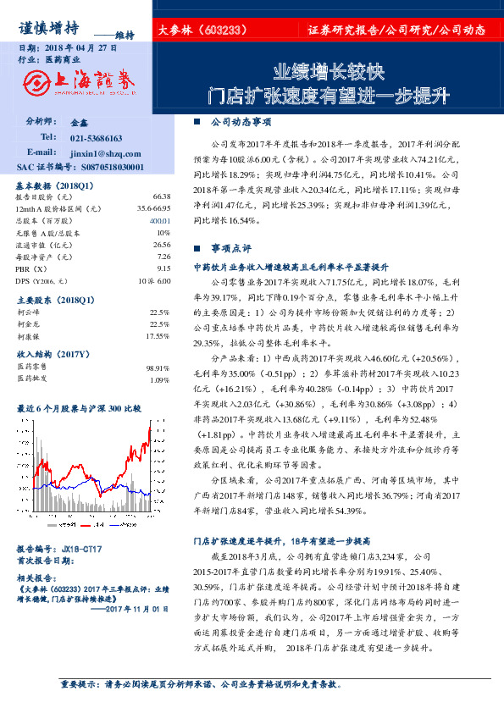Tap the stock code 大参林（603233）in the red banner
tap(202, 30)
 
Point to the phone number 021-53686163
tap(97, 137)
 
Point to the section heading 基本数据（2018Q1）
tap(56, 184)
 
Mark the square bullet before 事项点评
tap(197, 249)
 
